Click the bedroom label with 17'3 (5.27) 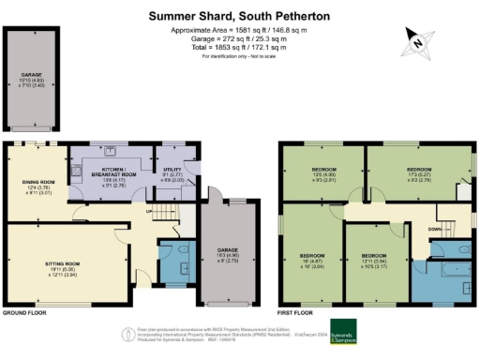[x=418, y=174]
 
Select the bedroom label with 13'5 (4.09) [x=325, y=174]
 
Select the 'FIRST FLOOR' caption [x=296, y=313]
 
